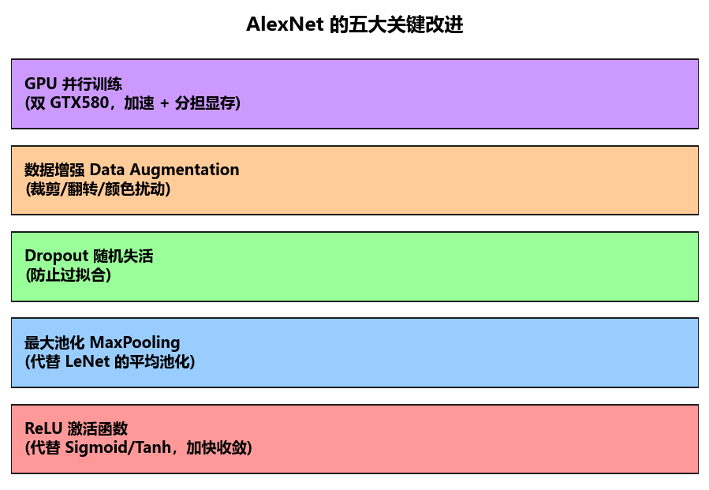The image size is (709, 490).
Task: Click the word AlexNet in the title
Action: point(285,24)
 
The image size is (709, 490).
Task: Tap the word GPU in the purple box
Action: point(41,84)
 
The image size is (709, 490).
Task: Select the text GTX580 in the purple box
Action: point(79,103)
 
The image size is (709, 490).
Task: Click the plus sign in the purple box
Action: point(165,103)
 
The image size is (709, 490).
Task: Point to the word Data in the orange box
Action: point(107,170)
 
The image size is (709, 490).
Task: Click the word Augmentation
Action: point(185,170)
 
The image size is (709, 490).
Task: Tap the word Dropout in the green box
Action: point(57,256)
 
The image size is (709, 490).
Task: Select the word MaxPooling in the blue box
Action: point(135,342)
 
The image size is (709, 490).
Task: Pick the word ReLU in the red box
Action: point(43,428)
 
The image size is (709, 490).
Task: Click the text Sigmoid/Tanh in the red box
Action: point(118,447)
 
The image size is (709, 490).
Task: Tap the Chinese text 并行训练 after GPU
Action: point(92,84)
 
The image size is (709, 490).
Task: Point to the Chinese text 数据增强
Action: point(54,170)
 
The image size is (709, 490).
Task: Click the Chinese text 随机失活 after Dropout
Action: point(124,256)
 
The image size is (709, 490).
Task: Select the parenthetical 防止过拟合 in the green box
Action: point(68,275)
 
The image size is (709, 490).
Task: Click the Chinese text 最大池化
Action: point(54,342)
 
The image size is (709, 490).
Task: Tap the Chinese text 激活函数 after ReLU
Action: point(98,428)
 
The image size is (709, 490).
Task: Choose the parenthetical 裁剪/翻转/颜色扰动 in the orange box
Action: point(98,189)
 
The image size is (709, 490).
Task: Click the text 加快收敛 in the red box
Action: point(216,447)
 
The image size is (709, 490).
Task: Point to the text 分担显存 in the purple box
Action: point(205,103)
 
